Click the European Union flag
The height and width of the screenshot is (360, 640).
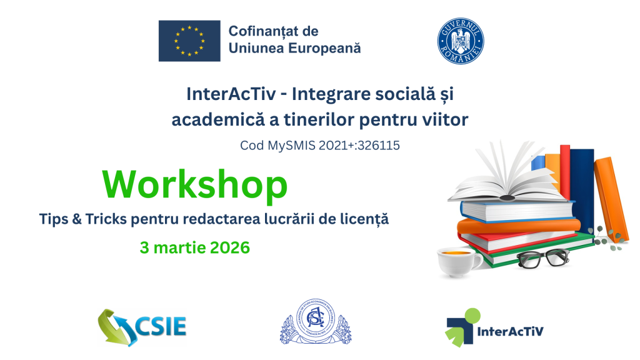pos(189,41)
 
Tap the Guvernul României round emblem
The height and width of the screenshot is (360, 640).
pos(461,41)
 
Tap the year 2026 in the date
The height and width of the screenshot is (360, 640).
pos(227,247)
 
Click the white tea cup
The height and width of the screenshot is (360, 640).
pos(458,261)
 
